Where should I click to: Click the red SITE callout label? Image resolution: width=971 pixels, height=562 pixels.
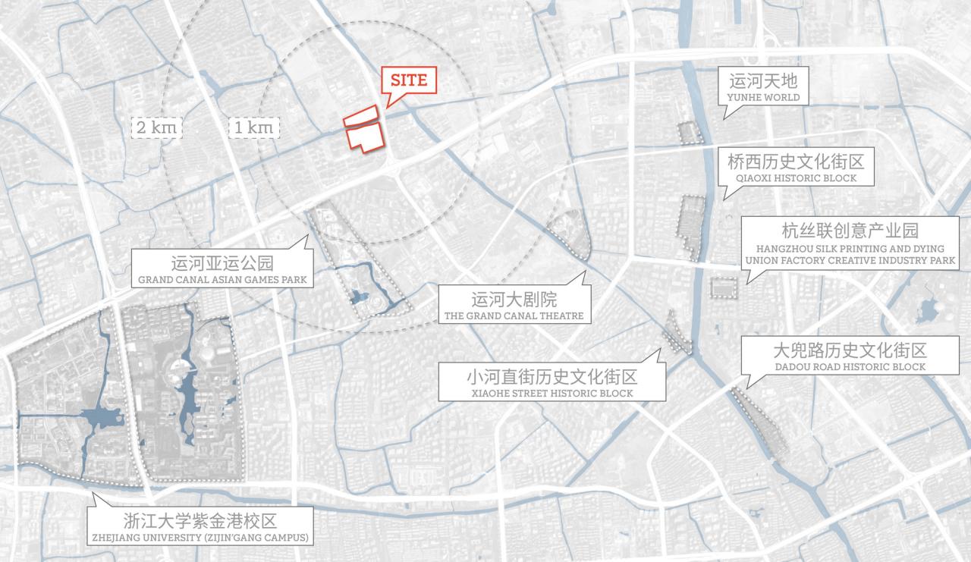(x=409, y=79)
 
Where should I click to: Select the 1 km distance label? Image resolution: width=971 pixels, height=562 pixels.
(x=253, y=127)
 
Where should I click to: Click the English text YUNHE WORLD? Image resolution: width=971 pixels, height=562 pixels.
(x=763, y=98)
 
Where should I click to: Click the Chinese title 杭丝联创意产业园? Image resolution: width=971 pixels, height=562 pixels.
(x=850, y=231)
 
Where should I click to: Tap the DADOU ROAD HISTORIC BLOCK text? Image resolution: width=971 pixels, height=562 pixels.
(x=850, y=367)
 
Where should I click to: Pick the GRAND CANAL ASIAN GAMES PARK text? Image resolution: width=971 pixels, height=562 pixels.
(x=222, y=281)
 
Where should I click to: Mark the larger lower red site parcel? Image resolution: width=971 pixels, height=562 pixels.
(x=365, y=137)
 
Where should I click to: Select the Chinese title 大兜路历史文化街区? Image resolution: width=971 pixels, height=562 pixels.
(x=850, y=350)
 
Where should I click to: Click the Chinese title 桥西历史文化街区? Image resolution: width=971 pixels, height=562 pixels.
(x=796, y=162)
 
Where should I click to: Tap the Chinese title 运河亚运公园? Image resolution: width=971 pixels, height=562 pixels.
(x=222, y=264)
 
